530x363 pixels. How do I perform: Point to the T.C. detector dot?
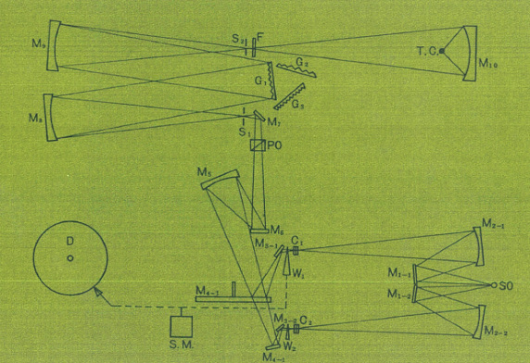tap(443, 50)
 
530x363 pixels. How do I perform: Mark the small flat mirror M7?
tap(260, 117)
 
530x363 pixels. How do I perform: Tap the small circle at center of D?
tap(70, 257)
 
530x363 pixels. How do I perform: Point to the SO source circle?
tap(493, 284)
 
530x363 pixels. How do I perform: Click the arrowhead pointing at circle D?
tap(97, 294)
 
